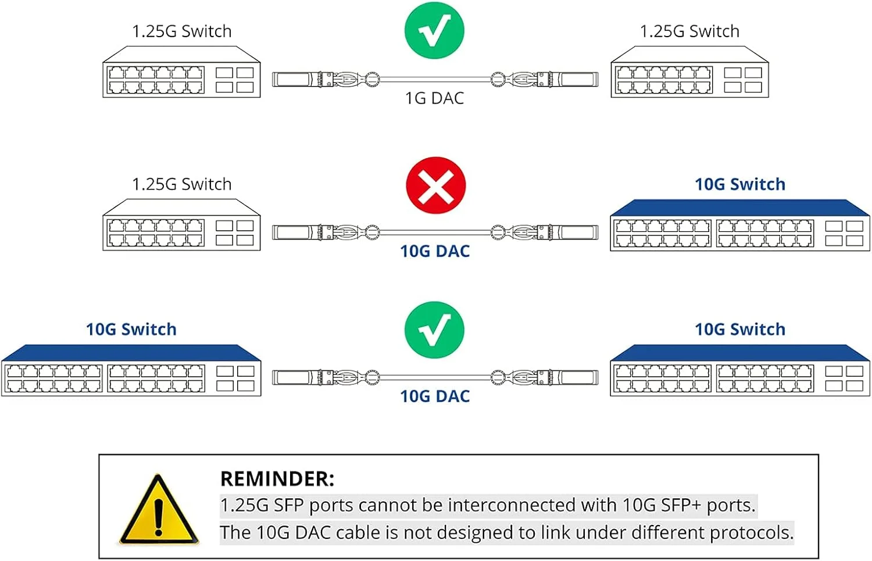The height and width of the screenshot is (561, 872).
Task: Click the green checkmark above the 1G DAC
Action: [x=434, y=30]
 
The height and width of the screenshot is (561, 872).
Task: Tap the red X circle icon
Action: [x=435, y=185]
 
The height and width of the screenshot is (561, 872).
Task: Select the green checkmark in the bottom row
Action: [x=434, y=330]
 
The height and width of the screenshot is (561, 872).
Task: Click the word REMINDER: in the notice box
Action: [x=277, y=479]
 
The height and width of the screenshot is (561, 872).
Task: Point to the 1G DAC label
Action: [x=434, y=98]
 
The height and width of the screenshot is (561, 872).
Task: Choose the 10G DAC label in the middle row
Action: [x=434, y=251]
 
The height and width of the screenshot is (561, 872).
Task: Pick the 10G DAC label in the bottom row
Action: [x=434, y=396]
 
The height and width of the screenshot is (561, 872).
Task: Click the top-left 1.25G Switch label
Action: [x=181, y=31]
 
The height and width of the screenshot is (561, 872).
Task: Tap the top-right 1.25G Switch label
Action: [x=689, y=31]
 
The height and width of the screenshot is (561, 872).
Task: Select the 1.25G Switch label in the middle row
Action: [x=181, y=184]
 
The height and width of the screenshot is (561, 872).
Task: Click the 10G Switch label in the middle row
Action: [x=739, y=184]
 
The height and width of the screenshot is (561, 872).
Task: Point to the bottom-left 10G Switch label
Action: [x=131, y=330]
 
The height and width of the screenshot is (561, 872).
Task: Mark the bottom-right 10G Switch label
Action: [x=739, y=330]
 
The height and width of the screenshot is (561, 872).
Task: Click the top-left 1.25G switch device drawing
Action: [x=181, y=73]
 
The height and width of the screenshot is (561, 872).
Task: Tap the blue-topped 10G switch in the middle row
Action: [x=739, y=226]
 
